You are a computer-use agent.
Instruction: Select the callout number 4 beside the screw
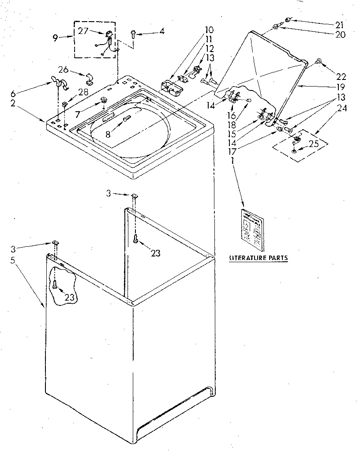pos(162,31)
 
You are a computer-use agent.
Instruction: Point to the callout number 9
pos(56,38)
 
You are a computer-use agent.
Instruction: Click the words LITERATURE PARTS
pos(258,258)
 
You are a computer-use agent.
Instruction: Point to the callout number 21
pos(338,24)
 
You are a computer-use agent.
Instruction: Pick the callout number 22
pos(341,76)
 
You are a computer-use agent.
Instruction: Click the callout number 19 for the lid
pos(340,87)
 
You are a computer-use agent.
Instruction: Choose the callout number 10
pos(209,30)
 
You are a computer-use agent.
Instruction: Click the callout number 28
pos(83,92)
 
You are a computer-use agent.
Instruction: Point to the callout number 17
pos(232,151)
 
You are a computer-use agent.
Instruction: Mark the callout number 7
pos(78,114)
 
